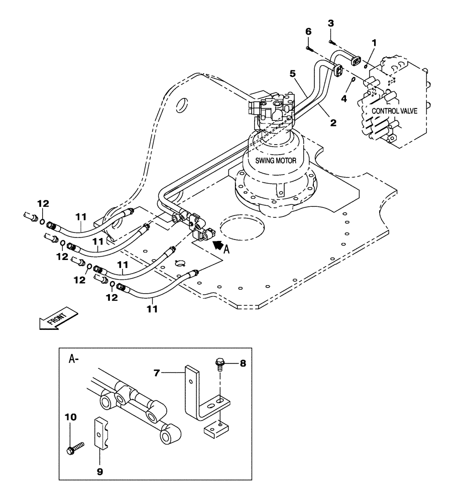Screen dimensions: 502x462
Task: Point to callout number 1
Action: tap(373, 43)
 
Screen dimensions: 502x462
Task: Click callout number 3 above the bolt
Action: tap(330, 23)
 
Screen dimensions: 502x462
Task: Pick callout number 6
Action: tap(308, 31)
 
